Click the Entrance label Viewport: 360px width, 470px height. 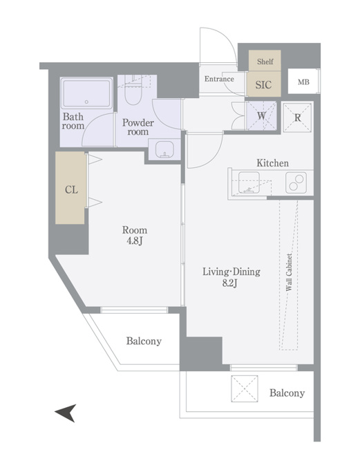pyautogui.click(x=219, y=79)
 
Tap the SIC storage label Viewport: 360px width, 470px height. pyautogui.click(x=263, y=85)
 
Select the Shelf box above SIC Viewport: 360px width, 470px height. pyautogui.click(x=265, y=61)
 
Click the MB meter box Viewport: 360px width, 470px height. pyautogui.click(x=303, y=82)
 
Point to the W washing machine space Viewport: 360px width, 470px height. pyautogui.click(x=261, y=115)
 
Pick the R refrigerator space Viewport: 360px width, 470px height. pyautogui.click(x=297, y=117)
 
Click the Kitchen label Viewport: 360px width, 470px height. pyautogui.click(x=273, y=163)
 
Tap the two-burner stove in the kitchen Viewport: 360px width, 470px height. pyautogui.click(x=296, y=182)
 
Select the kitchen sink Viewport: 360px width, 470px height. pyautogui.click(x=249, y=182)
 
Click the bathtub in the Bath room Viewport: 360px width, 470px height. pyautogui.click(x=86, y=93)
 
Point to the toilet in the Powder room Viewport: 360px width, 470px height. pyautogui.click(x=133, y=92)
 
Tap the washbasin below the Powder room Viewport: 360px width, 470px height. pyautogui.click(x=164, y=149)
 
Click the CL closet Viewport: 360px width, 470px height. pyautogui.click(x=70, y=188)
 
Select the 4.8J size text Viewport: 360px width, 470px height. pyautogui.click(x=134, y=241)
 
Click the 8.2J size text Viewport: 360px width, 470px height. pyautogui.click(x=230, y=283)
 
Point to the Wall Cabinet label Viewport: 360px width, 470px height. pyautogui.click(x=289, y=272)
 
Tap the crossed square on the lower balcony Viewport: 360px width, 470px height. pyautogui.click(x=245, y=388)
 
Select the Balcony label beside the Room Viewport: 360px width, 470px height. pyautogui.click(x=144, y=341)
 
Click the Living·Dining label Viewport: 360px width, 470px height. pyautogui.click(x=231, y=272)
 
